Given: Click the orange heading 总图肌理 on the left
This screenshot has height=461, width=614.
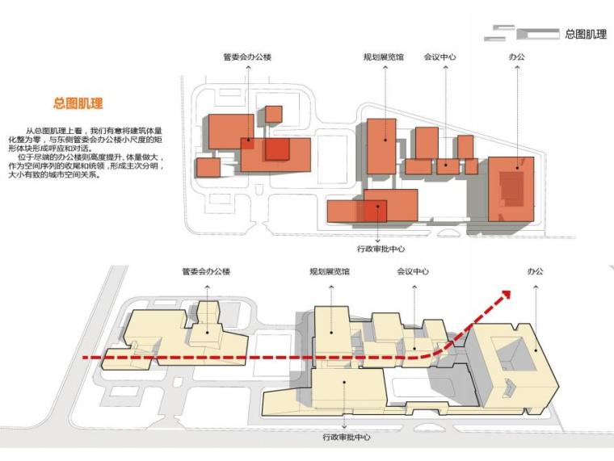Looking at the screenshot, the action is click(78, 104).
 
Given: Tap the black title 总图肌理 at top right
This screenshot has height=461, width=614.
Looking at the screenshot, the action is click(586, 34).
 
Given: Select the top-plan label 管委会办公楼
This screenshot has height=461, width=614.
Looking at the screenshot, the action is click(247, 58).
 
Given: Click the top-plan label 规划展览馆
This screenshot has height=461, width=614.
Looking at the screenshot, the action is click(384, 58).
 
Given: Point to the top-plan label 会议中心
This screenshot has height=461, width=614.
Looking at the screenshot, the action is click(439, 58).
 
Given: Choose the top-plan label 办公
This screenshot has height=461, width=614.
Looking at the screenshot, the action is click(516, 58).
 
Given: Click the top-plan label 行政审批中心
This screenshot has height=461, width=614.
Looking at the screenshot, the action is click(380, 249).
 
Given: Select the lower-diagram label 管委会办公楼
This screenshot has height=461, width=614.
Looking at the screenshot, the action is click(206, 272).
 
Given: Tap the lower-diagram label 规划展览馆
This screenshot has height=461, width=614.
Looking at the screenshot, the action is click(330, 272).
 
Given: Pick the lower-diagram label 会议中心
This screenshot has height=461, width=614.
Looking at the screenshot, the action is click(413, 272).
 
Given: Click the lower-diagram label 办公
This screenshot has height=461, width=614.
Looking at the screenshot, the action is click(535, 272).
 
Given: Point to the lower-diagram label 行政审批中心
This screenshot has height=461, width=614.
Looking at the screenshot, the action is click(346, 438).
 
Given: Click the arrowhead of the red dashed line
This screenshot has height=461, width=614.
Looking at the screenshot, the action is click(507, 295).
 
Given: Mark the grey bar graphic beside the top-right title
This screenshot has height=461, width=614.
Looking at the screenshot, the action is click(521, 34).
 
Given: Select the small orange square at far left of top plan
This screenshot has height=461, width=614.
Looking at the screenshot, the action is click(208, 168).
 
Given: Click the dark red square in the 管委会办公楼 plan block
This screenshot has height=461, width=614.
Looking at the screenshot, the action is click(277, 149).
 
